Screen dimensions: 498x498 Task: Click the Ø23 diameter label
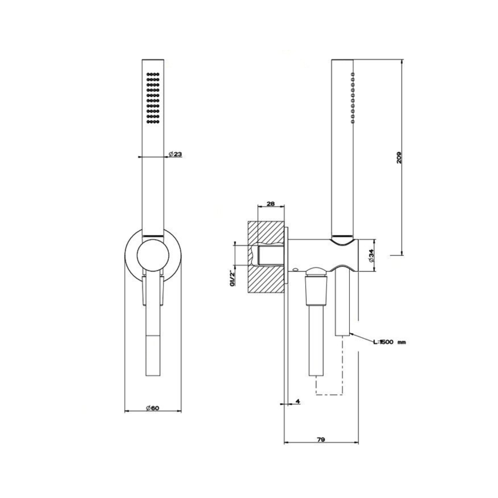(175, 154)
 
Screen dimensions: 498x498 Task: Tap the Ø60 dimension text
(153, 408)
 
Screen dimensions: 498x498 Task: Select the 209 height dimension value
(399, 157)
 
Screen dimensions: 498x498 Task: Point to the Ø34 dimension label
(371, 256)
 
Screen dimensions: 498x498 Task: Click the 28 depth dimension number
(271, 204)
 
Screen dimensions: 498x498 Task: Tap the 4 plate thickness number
(298, 401)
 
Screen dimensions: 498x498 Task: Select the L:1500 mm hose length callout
(390, 342)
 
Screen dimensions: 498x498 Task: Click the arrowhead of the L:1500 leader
(352, 334)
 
